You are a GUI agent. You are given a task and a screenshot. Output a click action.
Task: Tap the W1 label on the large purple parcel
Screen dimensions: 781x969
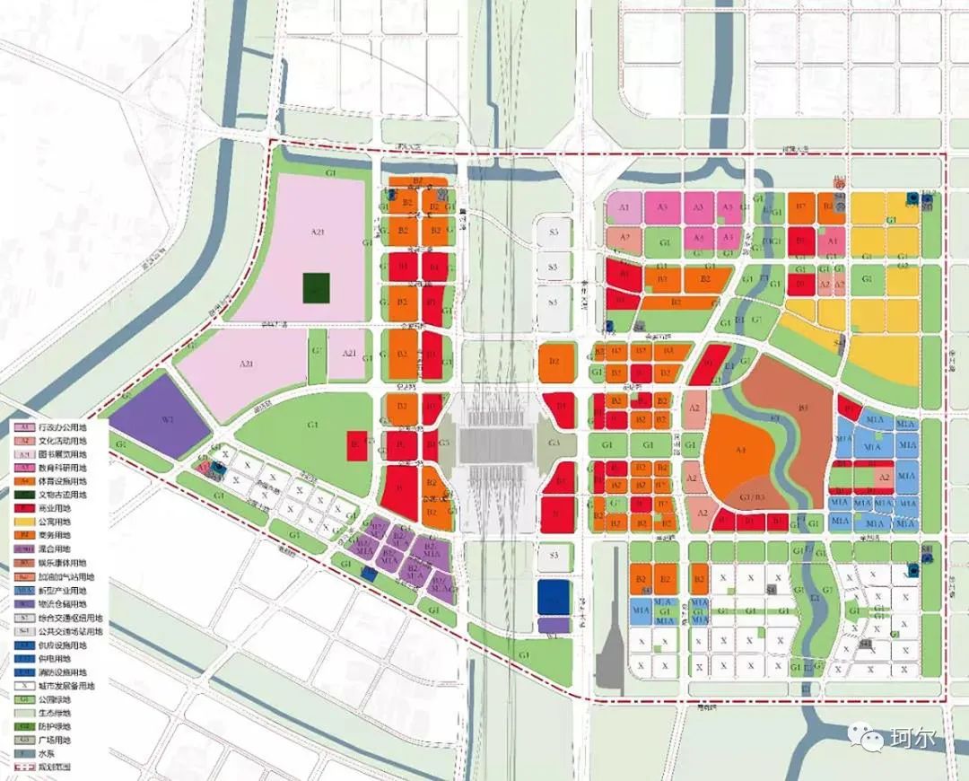pyautogui.click(x=165, y=418)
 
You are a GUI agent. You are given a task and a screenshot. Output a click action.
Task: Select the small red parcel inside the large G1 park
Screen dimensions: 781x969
pyautogui.click(x=356, y=445)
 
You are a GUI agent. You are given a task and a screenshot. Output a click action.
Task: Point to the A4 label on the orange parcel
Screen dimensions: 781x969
pyautogui.click(x=741, y=451)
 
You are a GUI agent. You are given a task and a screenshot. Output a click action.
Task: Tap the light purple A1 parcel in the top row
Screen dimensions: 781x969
pyautogui.click(x=624, y=207)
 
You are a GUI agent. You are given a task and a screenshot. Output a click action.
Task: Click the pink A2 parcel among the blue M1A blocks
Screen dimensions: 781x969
pyautogui.click(x=884, y=478)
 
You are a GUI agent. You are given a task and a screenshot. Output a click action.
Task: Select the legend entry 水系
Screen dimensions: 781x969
pyautogui.click(x=48, y=754)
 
